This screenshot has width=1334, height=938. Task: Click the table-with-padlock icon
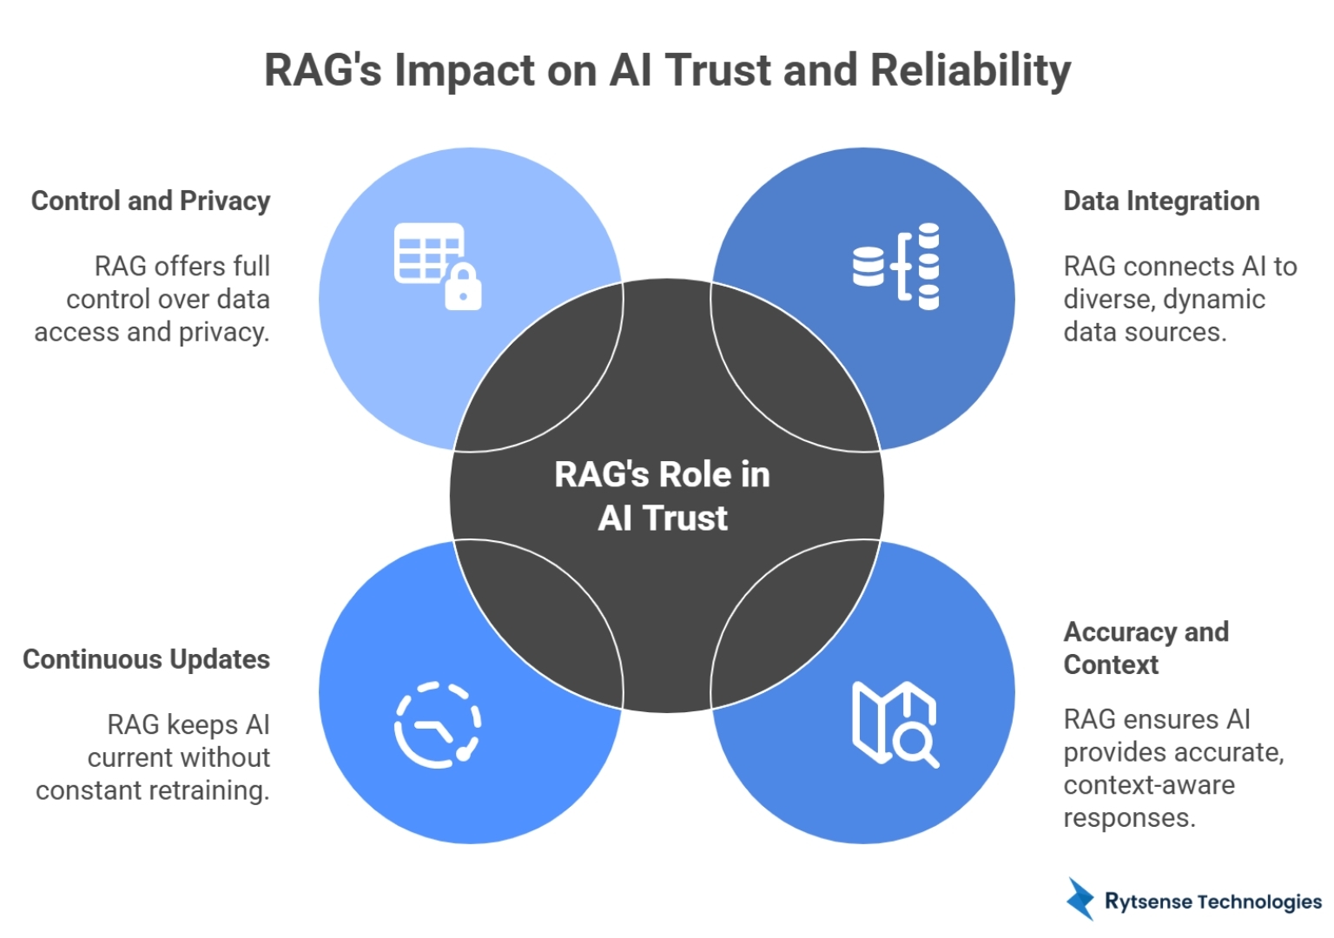437,266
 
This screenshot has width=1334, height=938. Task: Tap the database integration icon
896,266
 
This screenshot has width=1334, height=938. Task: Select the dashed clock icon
438,725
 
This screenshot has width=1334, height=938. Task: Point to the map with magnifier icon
895,724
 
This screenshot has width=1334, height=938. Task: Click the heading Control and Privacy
151,201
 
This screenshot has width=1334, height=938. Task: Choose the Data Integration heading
1161,201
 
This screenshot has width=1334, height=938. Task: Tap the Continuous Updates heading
146,659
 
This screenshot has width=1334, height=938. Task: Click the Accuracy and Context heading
1146,648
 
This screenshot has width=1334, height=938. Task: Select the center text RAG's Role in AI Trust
663,496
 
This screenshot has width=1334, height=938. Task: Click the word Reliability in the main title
970,70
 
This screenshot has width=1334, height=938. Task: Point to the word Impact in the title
464,72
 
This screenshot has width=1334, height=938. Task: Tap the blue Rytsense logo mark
1080,899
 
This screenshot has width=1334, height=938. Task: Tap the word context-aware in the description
1148,785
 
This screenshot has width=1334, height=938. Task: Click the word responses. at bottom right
1129,818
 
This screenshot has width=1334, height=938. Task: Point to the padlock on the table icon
463,288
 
